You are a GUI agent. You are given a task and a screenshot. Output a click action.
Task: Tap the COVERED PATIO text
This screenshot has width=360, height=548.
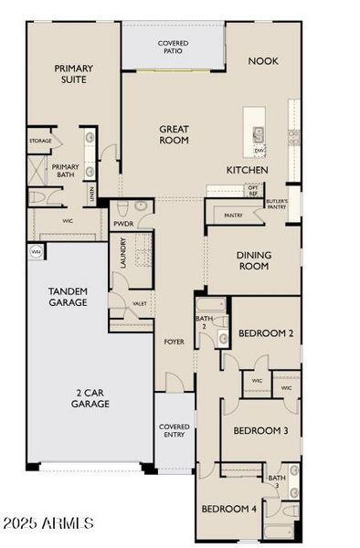[x=174, y=47]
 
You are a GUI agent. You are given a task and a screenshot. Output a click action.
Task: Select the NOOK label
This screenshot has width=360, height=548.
[x=264, y=61]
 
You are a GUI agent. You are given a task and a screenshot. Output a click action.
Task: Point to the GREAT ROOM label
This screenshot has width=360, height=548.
[x=174, y=135]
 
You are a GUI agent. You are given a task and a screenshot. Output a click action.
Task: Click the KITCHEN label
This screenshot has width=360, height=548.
[x=247, y=171]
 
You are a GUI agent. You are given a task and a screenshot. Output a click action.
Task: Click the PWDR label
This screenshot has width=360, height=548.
[x=123, y=223]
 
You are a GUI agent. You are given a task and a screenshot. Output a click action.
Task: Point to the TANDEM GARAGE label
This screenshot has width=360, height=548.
[x=68, y=297]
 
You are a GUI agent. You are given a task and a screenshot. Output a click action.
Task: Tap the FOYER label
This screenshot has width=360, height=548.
[x=174, y=342]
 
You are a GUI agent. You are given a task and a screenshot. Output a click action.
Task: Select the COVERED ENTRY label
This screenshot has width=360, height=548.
[x=174, y=430]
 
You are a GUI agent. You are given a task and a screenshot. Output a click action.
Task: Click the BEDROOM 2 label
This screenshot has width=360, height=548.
[x=265, y=334]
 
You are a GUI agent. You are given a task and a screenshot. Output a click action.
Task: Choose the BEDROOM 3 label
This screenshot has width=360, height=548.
[x=260, y=430]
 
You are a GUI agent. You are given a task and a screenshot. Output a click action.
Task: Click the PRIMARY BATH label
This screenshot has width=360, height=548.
[x=65, y=170]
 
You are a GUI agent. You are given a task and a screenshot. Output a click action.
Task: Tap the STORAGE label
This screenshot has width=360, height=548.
[x=39, y=141]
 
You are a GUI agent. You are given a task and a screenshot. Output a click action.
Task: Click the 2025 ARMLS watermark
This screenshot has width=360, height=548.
[x=48, y=523]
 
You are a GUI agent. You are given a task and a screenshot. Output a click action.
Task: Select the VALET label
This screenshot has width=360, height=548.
[x=139, y=304]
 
